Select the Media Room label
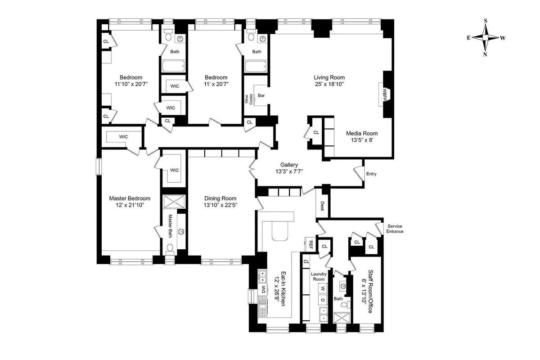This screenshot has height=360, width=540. [361, 133]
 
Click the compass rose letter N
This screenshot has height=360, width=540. [486, 54]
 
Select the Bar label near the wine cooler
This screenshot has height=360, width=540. [261, 95]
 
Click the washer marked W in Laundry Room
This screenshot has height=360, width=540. [322, 288]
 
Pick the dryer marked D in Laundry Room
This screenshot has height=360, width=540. [322, 300]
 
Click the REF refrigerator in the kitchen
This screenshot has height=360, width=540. [310, 244]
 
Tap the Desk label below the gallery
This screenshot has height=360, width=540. [322, 206]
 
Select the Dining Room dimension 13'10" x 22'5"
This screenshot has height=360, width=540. [220, 205]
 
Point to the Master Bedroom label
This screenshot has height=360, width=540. [130, 198]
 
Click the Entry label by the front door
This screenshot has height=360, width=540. [371, 174]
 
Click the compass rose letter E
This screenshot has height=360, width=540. [469, 38]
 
